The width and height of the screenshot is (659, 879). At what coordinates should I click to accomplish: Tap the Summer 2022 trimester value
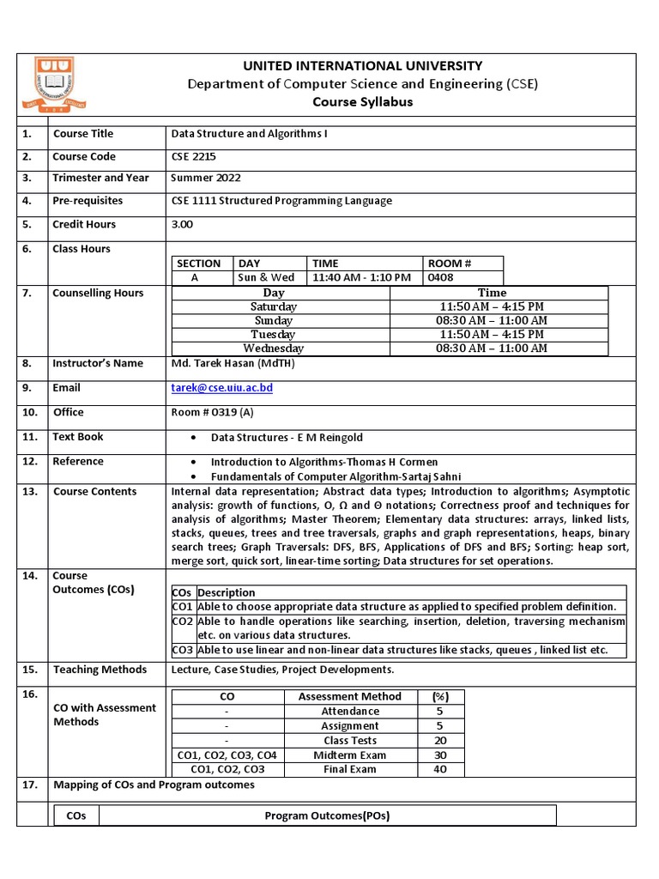pos(206,179)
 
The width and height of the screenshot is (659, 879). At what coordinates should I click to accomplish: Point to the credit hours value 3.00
pos(183,224)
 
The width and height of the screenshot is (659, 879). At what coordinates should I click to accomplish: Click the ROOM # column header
pos(450,264)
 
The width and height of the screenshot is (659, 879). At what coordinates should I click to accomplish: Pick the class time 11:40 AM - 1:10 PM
pos(361,277)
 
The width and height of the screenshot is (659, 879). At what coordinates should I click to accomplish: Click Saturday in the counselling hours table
pos(274,306)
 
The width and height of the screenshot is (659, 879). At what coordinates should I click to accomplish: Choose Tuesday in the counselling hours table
pos(273,334)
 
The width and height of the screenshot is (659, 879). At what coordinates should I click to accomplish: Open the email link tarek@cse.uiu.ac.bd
pos(222,388)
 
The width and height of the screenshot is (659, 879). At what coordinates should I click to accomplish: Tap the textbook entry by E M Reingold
pos(287,438)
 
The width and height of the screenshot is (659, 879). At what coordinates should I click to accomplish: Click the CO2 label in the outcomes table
pos(182,621)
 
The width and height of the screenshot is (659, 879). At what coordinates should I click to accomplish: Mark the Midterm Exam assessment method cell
pos(350,755)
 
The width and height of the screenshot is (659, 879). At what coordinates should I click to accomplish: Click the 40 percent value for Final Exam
pos(439,769)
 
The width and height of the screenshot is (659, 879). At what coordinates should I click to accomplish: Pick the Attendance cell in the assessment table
pos(350,711)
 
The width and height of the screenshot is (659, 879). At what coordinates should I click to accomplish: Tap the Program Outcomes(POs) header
pos(327,815)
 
